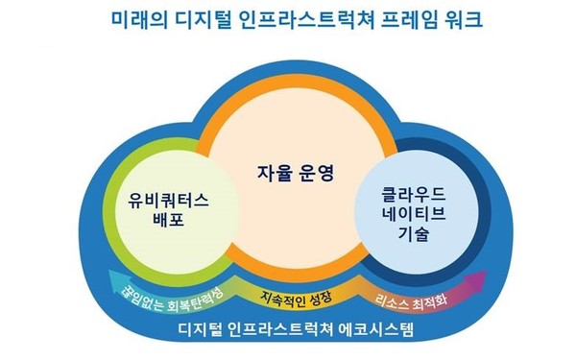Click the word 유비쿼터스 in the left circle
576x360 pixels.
(169, 202)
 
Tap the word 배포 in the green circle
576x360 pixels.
(169, 225)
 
